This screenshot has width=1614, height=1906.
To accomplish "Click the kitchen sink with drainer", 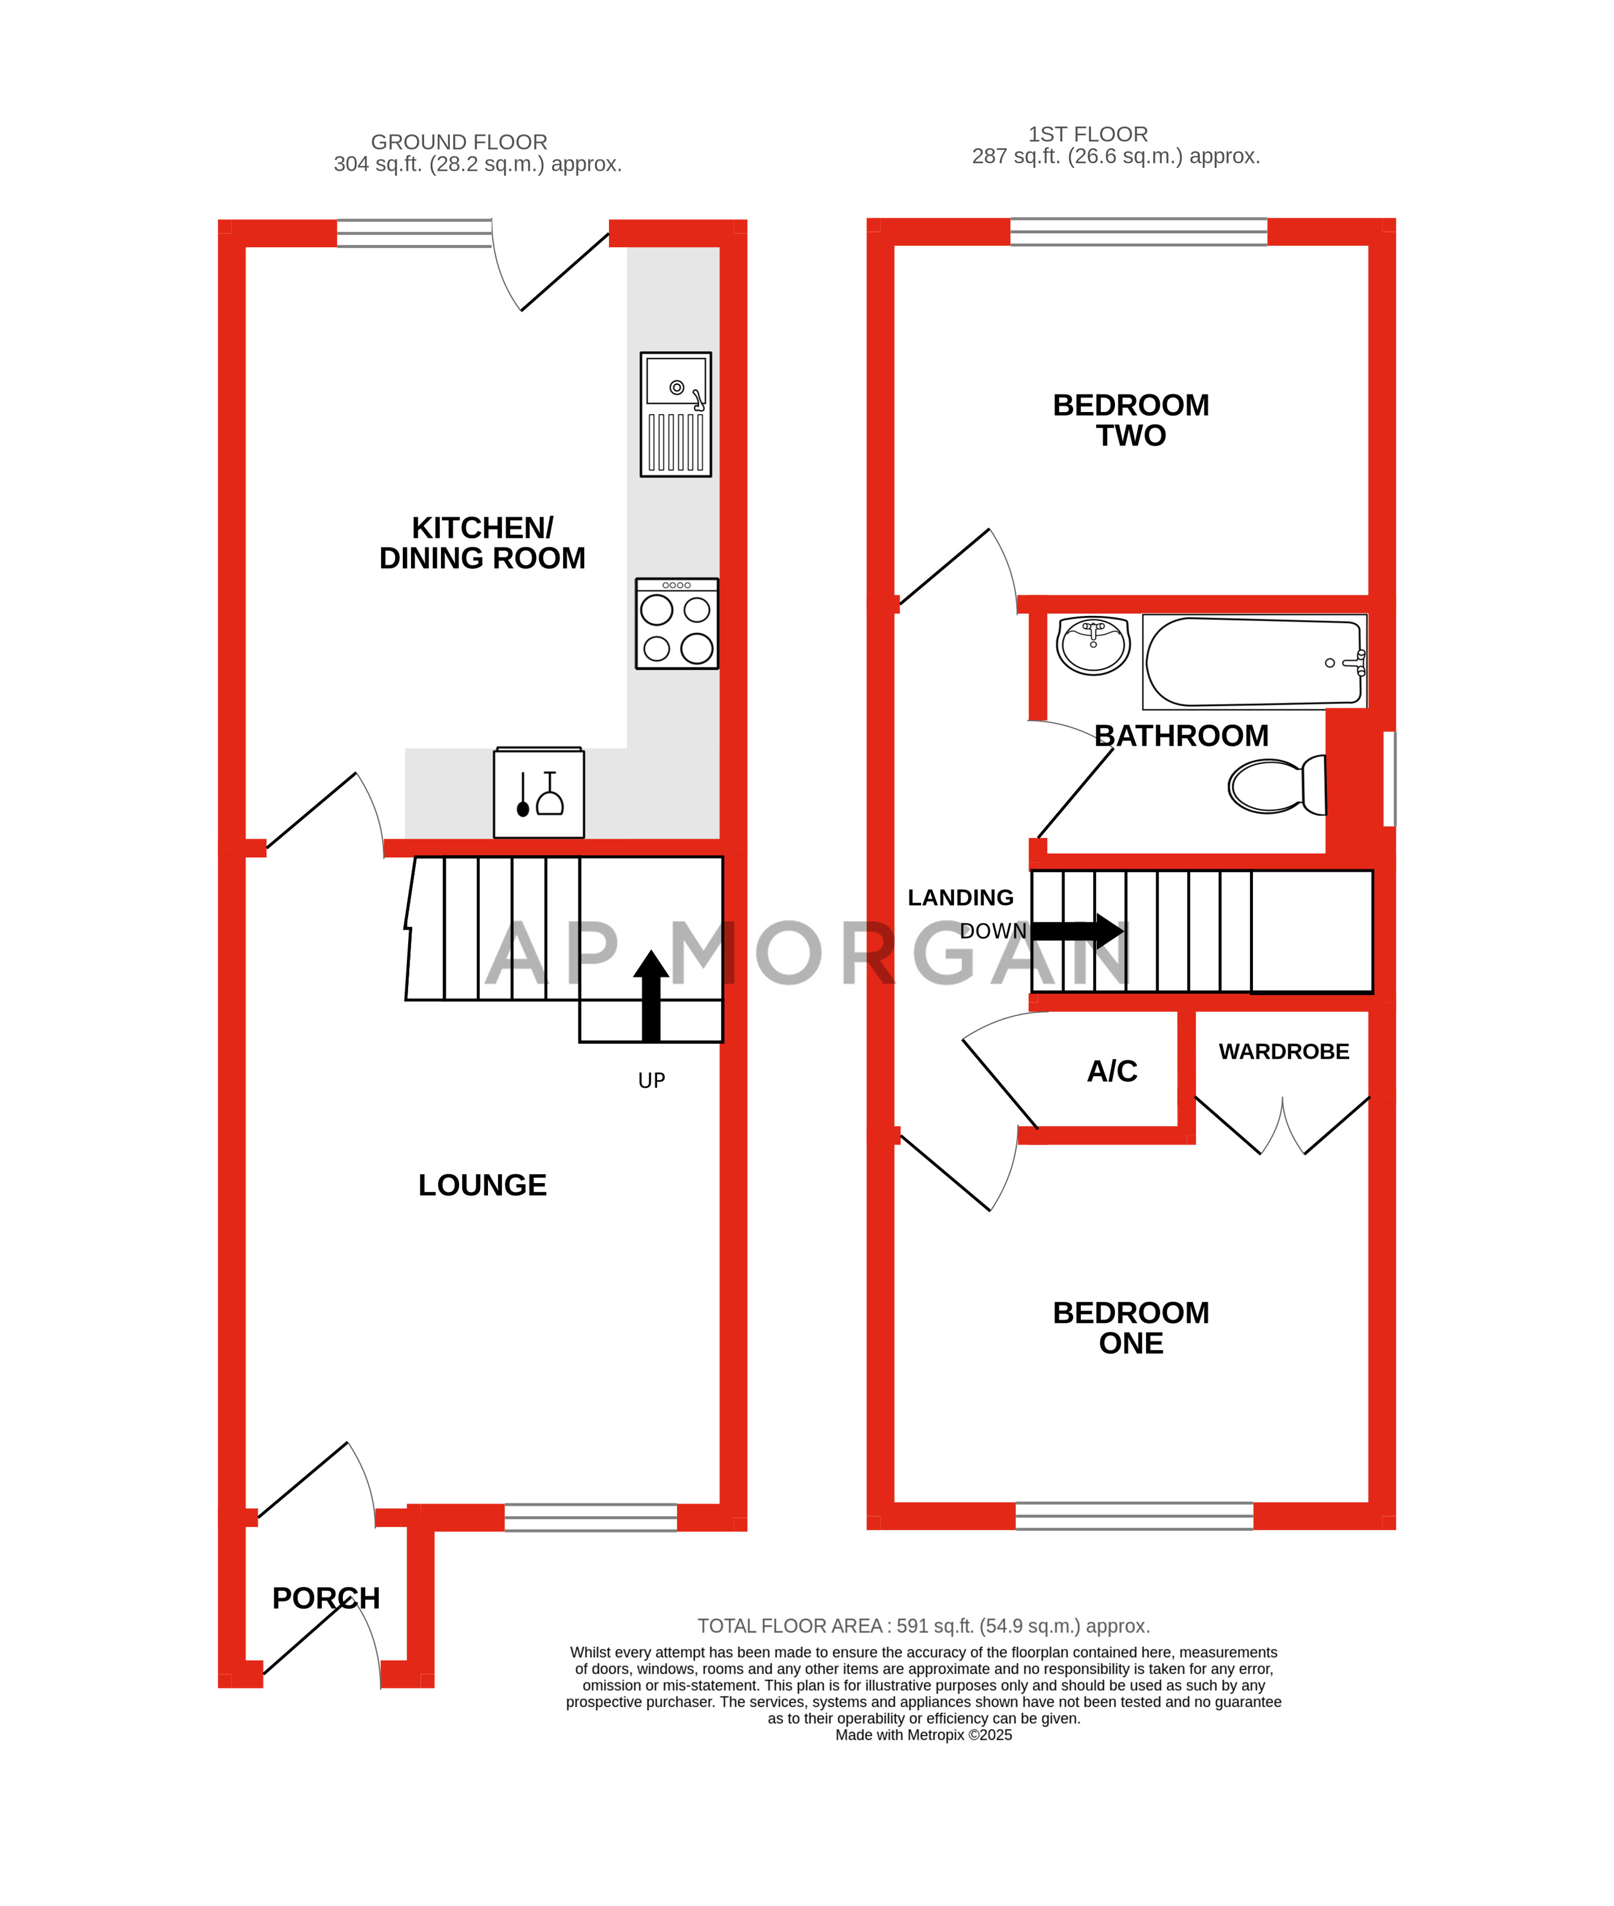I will click(675, 414).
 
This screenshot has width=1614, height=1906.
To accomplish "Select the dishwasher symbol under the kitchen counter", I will click(539, 793).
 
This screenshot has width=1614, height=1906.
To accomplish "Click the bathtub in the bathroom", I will click(1253, 661).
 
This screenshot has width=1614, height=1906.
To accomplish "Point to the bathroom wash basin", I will click(1093, 645).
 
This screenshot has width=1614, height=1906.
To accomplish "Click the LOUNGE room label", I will click(482, 1185).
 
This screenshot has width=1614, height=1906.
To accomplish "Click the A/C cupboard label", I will click(1111, 1071).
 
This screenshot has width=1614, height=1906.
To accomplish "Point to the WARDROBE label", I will click(1283, 1052).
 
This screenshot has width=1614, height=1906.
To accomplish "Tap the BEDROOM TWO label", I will click(1131, 420).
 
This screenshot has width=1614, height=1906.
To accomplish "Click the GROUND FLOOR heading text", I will click(459, 143).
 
